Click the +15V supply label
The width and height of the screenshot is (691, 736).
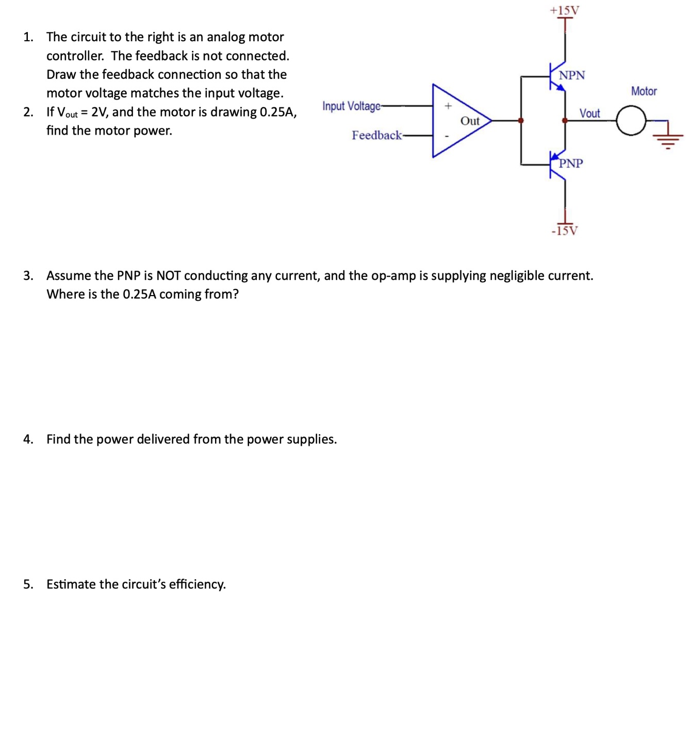(x=564, y=10)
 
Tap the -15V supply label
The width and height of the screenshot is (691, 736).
(x=565, y=231)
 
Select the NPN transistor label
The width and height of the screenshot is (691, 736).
(x=572, y=75)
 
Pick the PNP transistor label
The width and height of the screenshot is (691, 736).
(x=571, y=163)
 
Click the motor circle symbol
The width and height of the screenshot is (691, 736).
(x=631, y=121)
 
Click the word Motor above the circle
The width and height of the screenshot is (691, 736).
(x=644, y=91)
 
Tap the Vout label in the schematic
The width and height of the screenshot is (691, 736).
(x=589, y=113)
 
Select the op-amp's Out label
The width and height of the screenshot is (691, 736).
(x=470, y=121)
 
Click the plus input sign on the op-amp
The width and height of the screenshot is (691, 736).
(x=448, y=106)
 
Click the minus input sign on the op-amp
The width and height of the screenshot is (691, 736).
(x=447, y=136)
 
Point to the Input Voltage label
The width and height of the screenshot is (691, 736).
(x=351, y=106)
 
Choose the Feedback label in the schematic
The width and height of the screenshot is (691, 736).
(x=376, y=135)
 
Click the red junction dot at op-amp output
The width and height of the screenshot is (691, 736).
(x=521, y=121)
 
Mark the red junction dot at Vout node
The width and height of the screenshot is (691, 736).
(x=565, y=121)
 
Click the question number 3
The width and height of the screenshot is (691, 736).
(x=28, y=275)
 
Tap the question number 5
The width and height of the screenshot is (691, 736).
(x=28, y=584)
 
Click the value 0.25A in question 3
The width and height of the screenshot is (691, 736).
(x=139, y=294)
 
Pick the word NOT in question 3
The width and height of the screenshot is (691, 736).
(x=168, y=275)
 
